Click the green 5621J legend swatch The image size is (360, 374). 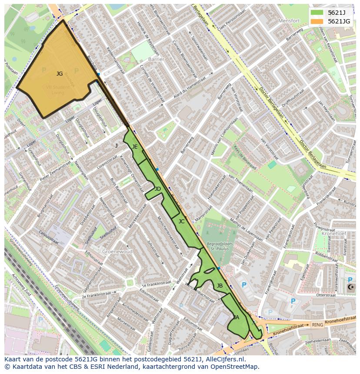pos(317,13)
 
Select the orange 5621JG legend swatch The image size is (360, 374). pos(317,21)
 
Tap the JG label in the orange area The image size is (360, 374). pos(60,74)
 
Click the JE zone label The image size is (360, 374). pos(135,147)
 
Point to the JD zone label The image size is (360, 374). pos(157,189)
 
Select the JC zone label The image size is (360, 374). pos(181,222)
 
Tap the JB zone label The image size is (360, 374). pos(220,286)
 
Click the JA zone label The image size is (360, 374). pos(236,318)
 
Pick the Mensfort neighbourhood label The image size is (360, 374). pos(289,21)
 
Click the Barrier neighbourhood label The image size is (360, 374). pos(156,59)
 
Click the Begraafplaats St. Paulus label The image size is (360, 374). pos(220,247)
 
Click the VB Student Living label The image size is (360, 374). pos(57,89)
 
